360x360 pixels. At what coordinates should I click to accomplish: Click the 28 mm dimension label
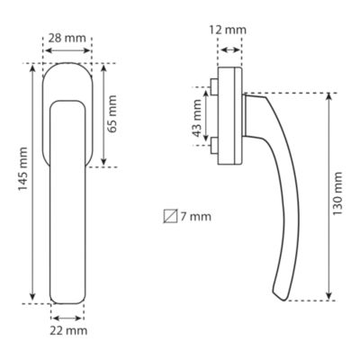[x=67, y=39]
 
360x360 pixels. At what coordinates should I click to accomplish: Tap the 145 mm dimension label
[x=22, y=169]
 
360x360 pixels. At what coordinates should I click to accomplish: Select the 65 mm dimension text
[x=112, y=114]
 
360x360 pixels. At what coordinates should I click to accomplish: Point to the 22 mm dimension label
[x=68, y=331]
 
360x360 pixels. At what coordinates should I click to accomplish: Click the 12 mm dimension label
[x=228, y=30]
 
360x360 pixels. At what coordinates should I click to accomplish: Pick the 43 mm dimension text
[x=197, y=118]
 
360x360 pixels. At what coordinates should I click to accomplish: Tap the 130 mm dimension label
[x=337, y=193]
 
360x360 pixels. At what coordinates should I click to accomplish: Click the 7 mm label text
[x=196, y=217]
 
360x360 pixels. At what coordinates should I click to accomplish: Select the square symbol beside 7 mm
[x=170, y=216]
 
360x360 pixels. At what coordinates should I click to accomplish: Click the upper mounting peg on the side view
[x=214, y=86]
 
